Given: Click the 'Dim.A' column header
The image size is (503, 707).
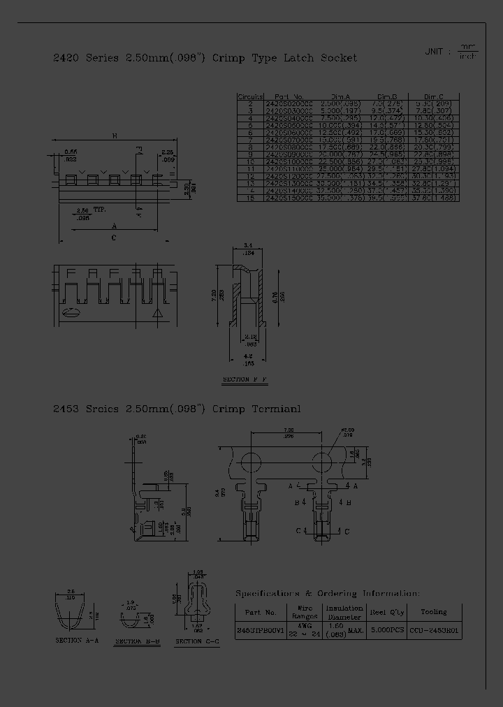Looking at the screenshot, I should click(x=340, y=97).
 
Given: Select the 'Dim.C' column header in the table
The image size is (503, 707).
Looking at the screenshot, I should click(x=434, y=97).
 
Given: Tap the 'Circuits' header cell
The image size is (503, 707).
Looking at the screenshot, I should click(x=250, y=97).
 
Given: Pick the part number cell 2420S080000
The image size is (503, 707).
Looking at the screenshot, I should click(x=289, y=147).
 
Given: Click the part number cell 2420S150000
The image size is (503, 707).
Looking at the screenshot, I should click(x=289, y=198).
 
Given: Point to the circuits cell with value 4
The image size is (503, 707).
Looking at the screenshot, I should click(x=250, y=119).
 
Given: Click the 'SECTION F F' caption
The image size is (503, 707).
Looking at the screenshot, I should click(x=245, y=380).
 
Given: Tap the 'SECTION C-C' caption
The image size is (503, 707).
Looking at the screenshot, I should click(x=198, y=641).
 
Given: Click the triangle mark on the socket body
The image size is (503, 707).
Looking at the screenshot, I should click(x=158, y=314).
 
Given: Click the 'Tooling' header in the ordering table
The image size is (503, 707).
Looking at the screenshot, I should click(x=434, y=612).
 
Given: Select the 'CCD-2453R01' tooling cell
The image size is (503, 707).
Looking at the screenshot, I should click(x=434, y=629).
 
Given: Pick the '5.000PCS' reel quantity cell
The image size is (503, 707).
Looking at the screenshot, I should click(x=387, y=629).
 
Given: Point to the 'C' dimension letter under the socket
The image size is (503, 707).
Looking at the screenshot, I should click(x=114, y=238).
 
